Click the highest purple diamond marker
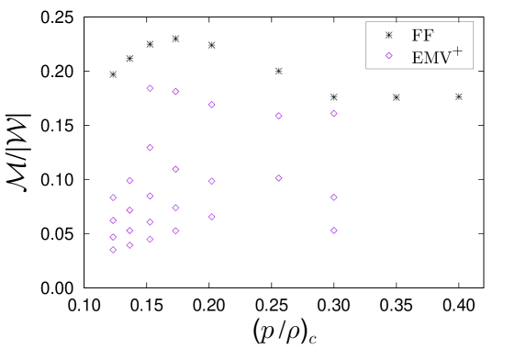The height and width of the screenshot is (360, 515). [x=389, y=55]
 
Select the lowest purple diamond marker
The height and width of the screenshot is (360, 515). [x=114, y=250]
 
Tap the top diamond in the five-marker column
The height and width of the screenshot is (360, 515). [x=151, y=88]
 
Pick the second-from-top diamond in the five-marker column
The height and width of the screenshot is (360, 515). [x=151, y=148]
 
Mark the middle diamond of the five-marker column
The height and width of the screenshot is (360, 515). [x=151, y=196]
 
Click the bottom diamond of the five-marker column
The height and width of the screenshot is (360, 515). [x=151, y=240]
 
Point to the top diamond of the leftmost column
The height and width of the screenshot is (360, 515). [x=114, y=197]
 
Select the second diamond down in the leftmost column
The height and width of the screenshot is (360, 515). [x=114, y=220]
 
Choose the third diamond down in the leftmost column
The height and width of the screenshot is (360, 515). [x=114, y=237]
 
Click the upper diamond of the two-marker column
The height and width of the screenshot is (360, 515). [x=279, y=116]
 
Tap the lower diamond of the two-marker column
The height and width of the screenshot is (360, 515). [x=279, y=178]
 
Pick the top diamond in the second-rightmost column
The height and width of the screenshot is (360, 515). [x=334, y=114]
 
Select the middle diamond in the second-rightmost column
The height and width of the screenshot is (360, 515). [x=334, y=197]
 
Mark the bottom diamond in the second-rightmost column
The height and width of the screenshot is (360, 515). [x=334, y=231]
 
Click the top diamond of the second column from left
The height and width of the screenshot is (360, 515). [x=130, y=181]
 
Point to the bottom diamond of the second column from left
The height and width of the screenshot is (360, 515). [x=130, y=245]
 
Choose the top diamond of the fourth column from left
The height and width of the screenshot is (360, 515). [x=176, y=92]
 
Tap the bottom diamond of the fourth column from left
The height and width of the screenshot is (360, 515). [x=176, y=231]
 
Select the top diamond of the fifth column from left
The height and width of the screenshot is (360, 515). [x=212, y=105]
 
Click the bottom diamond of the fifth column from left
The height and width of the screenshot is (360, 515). [x=212, y=217]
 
